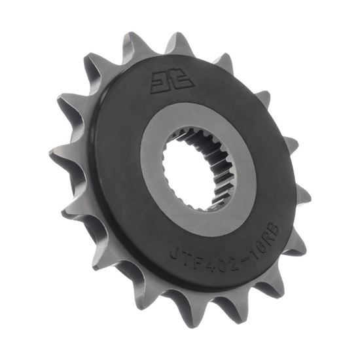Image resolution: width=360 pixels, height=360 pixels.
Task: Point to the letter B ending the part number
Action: pyautogui.click(x=274, y=227)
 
